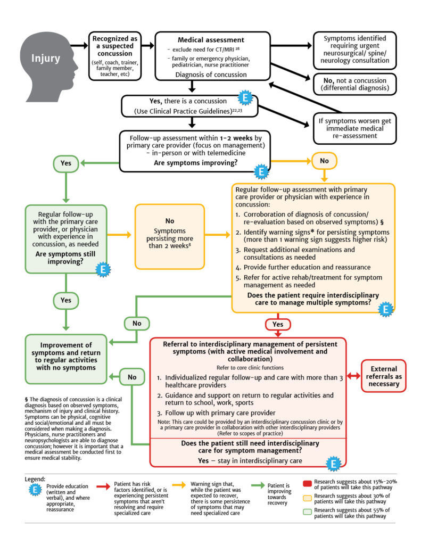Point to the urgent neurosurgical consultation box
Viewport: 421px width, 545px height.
click(x=355, y=49)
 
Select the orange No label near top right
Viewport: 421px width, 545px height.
click(x=324, y=159)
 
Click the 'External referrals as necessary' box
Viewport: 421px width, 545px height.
click(x=383, y=376)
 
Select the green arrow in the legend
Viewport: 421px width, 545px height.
click(x=256, y=485)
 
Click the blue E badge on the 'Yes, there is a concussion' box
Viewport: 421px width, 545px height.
click(x=244, y=99)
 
